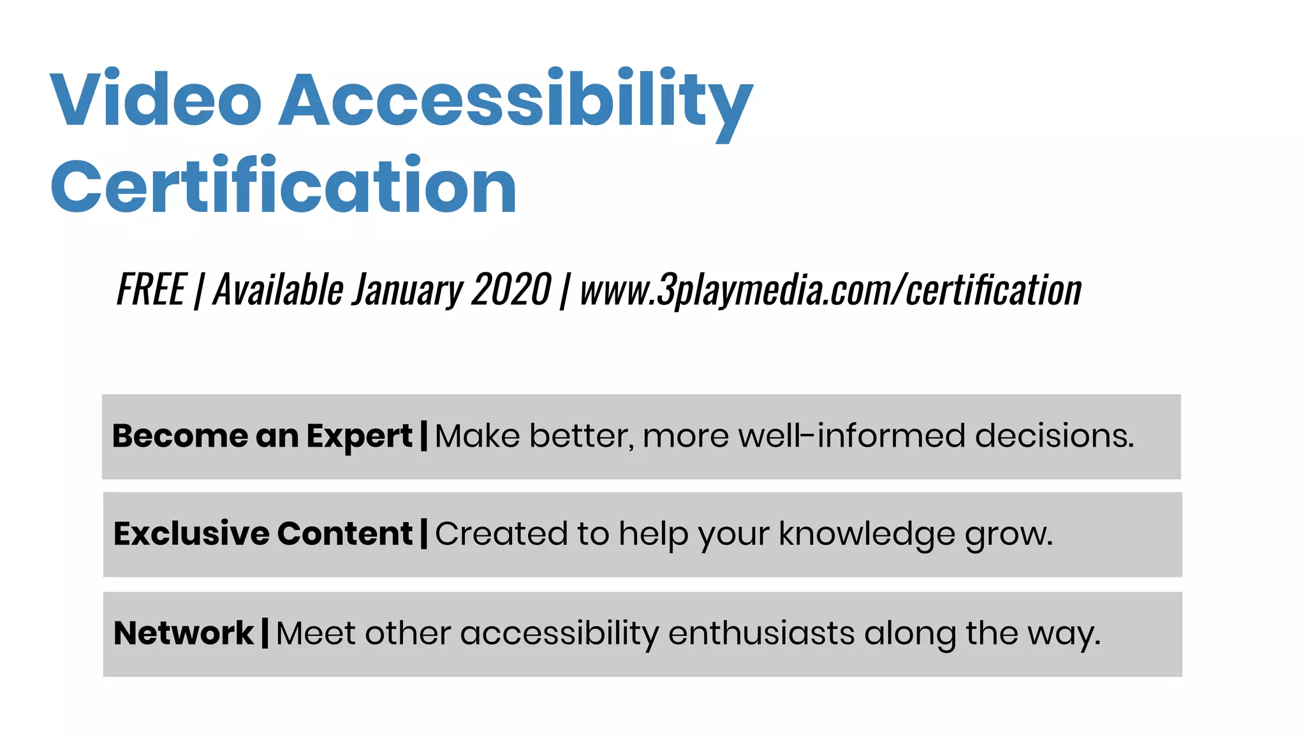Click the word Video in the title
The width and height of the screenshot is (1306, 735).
(156, 100)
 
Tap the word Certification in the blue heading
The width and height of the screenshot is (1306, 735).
(283, 186)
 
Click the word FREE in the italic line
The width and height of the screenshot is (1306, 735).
(151, 290)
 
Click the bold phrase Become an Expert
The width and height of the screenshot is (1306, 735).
(262, 436)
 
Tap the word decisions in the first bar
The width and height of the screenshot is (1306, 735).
(1054, 436)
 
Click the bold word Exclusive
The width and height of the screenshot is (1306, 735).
(191, 534)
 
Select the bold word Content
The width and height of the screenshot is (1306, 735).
(345, 534)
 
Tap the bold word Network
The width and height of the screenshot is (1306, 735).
(184, 634)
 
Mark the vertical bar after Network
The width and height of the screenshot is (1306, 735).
(265, 634)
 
